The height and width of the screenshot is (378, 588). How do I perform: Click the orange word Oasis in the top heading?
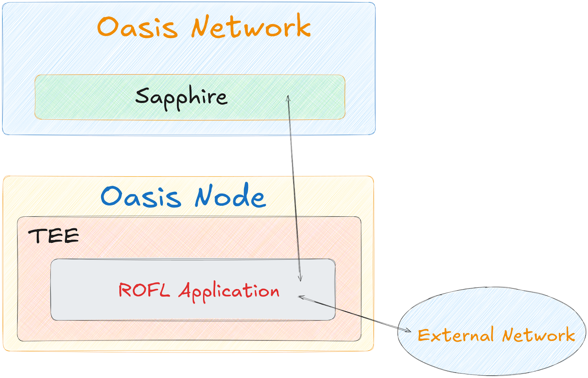pyautogui.click(x=137, y=27)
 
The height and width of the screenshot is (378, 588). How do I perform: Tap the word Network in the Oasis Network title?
pyautogui.click(x=251, y=26)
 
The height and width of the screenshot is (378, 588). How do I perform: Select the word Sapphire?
pyautogui.click(x=181, y=97)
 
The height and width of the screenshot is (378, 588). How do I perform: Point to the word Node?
pyautogui.click(x=230, y=197)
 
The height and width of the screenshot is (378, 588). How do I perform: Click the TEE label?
pyautogui.click(x=54, y=236)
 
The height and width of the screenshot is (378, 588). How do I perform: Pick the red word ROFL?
pyautogui.click(x=144, y=290)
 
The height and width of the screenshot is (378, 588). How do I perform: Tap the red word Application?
pyautogui.click(x=229, y=291)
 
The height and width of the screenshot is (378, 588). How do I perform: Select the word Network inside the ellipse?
pyautogui.click(x=538, y=335)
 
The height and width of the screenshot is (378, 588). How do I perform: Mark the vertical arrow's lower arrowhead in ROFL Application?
pyautogui.click(x=300, y=279)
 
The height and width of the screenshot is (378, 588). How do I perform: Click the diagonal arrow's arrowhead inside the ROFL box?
pyautogui.click(x=300, y=297)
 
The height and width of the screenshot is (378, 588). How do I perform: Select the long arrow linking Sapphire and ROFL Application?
pyautogui.click(x=294, y=184)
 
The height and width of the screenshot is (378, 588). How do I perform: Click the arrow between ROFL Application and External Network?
pyautogui.click(x=355, y=314)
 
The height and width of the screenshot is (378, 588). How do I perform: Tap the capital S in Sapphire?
pyautogui.click(x=141, y=96)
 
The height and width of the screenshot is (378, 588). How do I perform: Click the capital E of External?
pyautogui.click(x=424, y=335)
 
